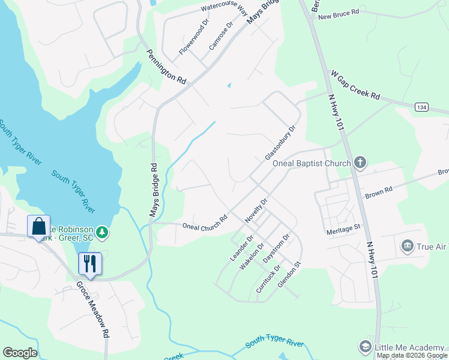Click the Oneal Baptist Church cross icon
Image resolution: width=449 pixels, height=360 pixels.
point(360,163)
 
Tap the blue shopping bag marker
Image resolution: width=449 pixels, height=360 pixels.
point(38,227)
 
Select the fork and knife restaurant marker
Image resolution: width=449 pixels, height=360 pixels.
point(90,263)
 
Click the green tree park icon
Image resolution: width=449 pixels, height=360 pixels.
point(103,232)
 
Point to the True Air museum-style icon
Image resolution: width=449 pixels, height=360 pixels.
point(407,245)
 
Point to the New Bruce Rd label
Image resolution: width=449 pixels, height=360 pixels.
point(339,13)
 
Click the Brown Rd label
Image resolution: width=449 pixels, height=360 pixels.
point(378,190)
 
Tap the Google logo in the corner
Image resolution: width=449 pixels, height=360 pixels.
point(20,353)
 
